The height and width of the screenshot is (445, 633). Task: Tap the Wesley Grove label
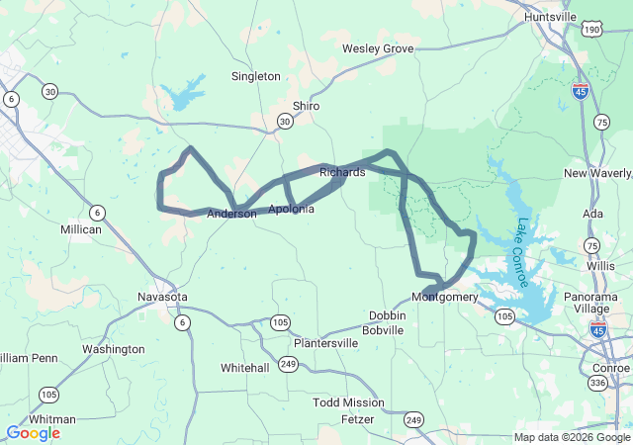click(377, 48)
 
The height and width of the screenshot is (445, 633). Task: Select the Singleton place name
click(256, 76)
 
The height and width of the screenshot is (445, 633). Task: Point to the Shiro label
click(306, 106)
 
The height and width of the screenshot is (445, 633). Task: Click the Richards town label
click(342, 172)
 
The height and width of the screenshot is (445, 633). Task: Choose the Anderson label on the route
click(231, 214)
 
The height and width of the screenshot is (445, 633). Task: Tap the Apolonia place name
click(292, 210)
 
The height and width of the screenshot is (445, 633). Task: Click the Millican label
click(81, 229)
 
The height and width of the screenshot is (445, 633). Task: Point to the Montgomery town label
click(444, 298)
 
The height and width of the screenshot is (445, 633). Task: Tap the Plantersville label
click(325, 343)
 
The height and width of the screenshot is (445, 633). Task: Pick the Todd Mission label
click(348, 402)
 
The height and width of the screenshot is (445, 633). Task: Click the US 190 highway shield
click(591, 30)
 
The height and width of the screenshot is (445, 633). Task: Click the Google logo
click(33, 432)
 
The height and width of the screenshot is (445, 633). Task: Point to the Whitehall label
click(245, 367)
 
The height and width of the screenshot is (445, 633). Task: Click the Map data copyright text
click(571, 437)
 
